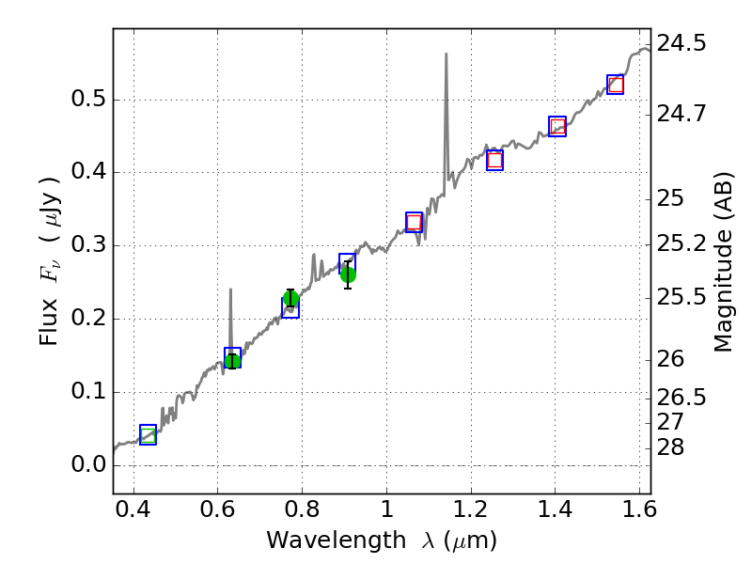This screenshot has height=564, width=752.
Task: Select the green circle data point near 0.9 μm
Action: pyautogui.click(x=348, y=274)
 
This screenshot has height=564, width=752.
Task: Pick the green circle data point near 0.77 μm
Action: pyautogui.click(x=290, y=299)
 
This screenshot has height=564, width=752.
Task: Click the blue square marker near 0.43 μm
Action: pyautogui.click(x=148, y=434)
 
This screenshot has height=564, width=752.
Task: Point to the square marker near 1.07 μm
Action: pyautogui.click(x=414, y=222)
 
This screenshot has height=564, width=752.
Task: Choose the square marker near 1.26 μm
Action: pyautogui.click(x=494, y=160)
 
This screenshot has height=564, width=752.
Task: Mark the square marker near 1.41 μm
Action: pyautogui.click(x=557, y=126)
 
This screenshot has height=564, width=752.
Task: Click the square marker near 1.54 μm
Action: pyautogui.click(x=616, y=85)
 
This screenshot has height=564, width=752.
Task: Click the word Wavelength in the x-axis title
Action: pyautogui.click(x=319, y=540)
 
